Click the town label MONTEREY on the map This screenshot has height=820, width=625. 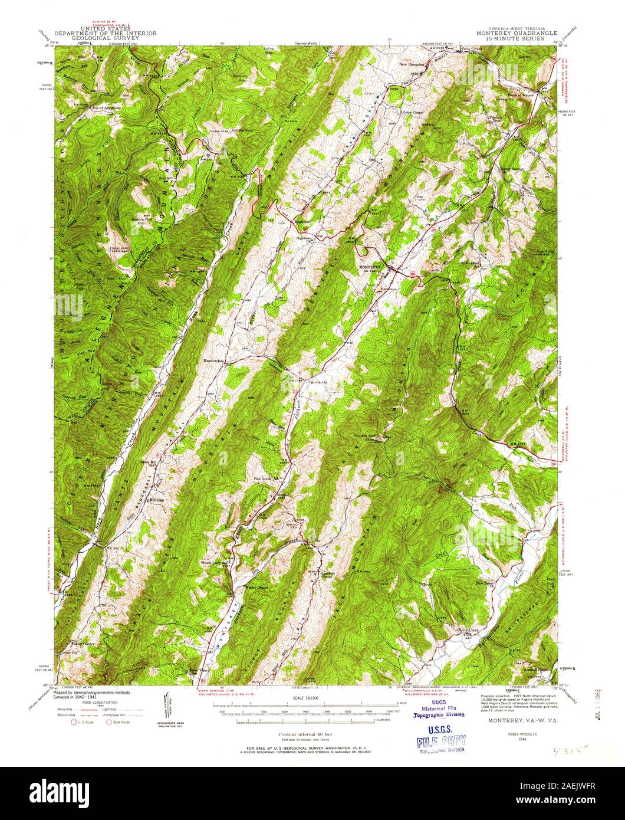pos(371,267)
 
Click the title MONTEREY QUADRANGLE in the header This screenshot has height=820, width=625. pos(511,34)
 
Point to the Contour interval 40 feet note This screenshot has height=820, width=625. pos(304,734)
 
